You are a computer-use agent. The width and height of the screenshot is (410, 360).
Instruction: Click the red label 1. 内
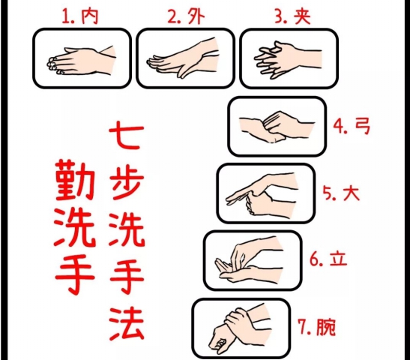click(80, 16)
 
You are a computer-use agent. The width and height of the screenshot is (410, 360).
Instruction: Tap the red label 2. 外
click(186, 16)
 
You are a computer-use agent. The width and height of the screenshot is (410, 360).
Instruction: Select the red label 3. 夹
click(293, 16)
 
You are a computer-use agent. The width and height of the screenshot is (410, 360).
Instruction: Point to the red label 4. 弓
click(352, 126)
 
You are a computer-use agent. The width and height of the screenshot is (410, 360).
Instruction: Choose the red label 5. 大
click(341, 193)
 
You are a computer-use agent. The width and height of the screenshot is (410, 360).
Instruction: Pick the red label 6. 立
click(328, 259)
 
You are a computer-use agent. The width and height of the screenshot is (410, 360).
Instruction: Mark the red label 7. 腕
click(316, 326)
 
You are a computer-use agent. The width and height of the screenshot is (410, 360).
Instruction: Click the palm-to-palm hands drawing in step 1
click(82, 61)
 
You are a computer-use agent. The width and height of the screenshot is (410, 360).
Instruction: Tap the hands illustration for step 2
click(183, 58)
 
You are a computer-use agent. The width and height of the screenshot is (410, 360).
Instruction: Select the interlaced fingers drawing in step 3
click(288, 59)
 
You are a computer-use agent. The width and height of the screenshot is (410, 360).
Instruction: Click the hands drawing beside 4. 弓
click(277, 127)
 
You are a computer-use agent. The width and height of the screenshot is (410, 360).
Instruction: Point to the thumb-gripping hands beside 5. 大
click(262, 193)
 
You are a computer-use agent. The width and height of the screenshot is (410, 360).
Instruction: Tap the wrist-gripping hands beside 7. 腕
click(240, 327)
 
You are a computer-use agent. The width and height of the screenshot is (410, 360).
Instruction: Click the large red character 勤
click(75, 180)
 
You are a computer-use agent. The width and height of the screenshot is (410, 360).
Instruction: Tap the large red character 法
click(127, 324)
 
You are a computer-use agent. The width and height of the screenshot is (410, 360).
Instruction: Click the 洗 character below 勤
click(75, 227)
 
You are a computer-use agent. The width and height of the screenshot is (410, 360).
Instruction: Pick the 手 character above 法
click(127, 276)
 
